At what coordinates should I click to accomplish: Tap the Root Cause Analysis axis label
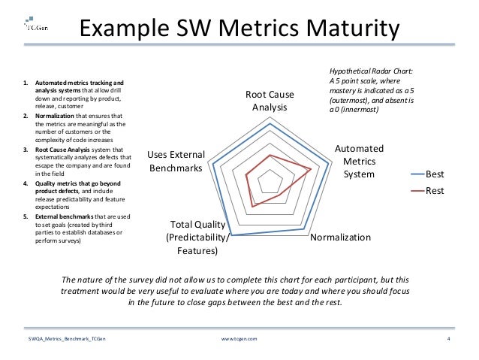tap(270, 101)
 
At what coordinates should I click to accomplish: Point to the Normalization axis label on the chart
tap(341, 237)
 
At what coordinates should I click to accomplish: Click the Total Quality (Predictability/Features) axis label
tap(194, 237)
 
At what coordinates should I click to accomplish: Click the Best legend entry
tap(435, 175)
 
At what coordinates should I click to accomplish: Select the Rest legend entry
tap(435, 191)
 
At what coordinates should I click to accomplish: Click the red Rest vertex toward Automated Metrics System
tap(311, 171)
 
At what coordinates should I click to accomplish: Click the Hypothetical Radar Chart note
tap(371, 91)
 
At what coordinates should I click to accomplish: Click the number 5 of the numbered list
tap(25, 217)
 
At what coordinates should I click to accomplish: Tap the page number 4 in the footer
tap(447, 340)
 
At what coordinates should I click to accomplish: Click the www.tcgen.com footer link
tap(239, 340)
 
